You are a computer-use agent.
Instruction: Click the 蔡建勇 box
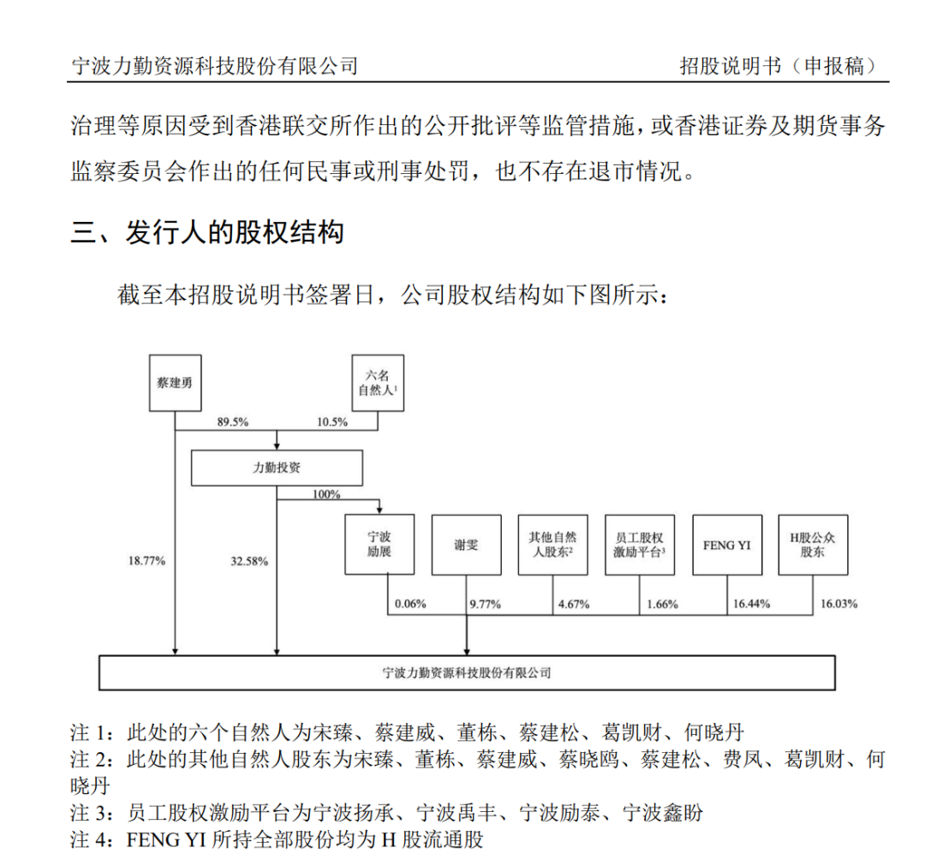174,381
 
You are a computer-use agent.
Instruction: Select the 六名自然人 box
378,381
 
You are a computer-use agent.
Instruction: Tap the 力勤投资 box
276,469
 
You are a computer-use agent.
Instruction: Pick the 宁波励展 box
379,544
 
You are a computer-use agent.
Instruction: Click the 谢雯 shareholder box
466,544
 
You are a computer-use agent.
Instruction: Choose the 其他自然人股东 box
553,544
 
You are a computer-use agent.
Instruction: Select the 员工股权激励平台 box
640,544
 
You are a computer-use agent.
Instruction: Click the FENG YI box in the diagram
726,544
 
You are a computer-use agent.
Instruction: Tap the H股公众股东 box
813,544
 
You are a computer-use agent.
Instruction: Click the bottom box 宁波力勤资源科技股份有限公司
467,672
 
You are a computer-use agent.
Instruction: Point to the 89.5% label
232,421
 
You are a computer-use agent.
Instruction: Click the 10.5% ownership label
332,421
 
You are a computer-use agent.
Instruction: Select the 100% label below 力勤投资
326,494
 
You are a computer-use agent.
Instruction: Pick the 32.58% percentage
249,561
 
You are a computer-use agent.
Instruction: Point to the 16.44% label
751,604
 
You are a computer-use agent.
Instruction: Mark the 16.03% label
839,604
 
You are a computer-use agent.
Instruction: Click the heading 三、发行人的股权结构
207,232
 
